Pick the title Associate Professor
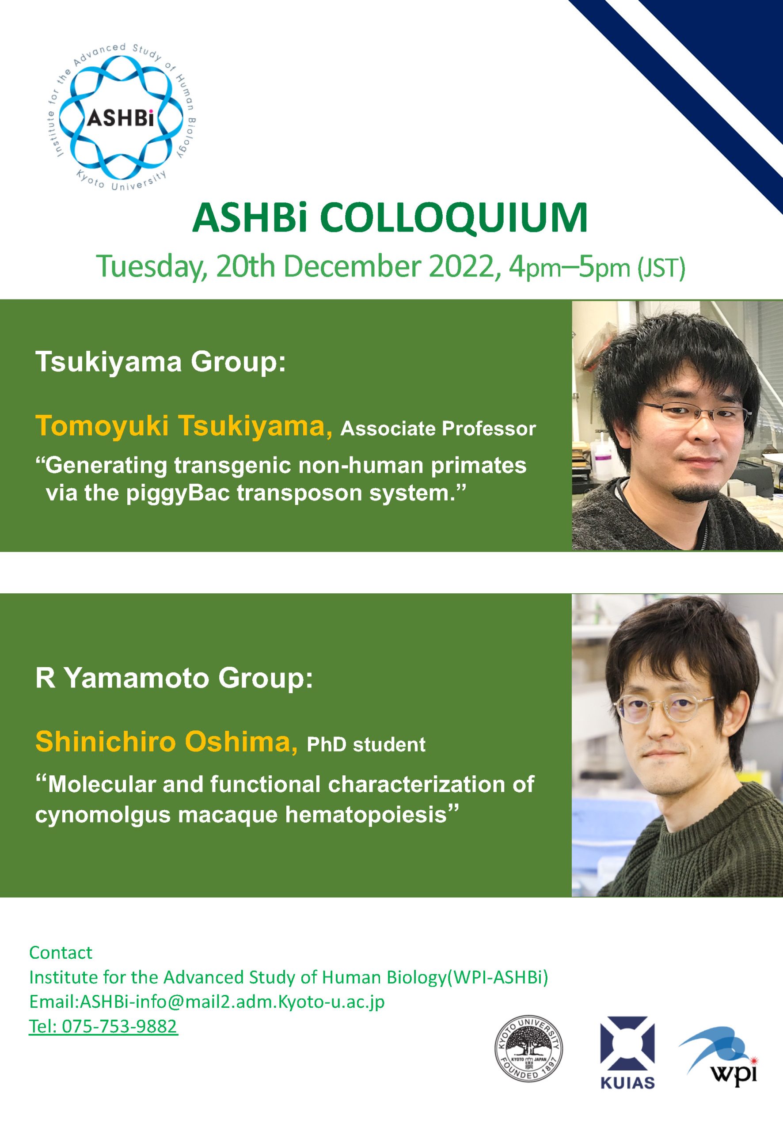click(438, 429)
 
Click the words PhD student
click(366, 745)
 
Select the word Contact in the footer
click(61, 953)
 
